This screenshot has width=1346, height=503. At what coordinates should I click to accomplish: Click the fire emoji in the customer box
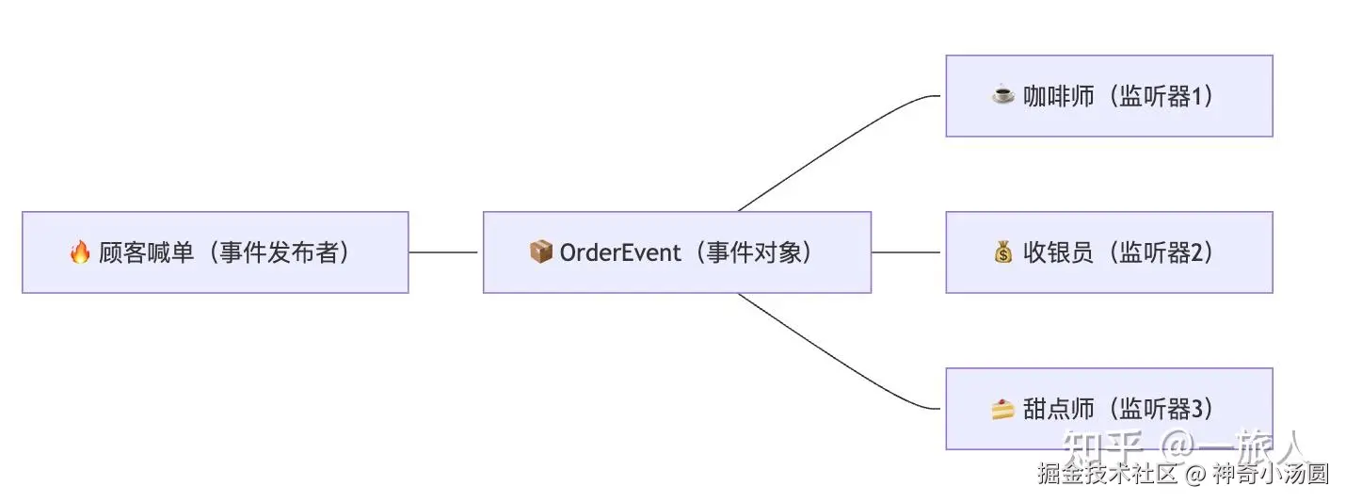point(80,252)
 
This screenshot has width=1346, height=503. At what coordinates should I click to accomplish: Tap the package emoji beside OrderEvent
point(540,252)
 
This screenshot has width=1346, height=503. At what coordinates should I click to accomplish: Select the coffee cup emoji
point(1003,95)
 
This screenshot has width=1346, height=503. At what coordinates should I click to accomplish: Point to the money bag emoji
point(1003,252)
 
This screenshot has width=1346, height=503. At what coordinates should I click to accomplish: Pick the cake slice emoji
point(1003,409)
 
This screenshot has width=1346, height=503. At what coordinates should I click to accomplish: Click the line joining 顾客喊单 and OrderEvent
point(444,252)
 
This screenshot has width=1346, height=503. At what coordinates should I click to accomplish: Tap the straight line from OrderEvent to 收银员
point(905,252)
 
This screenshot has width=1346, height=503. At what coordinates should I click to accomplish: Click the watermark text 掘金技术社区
point(1107,474)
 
